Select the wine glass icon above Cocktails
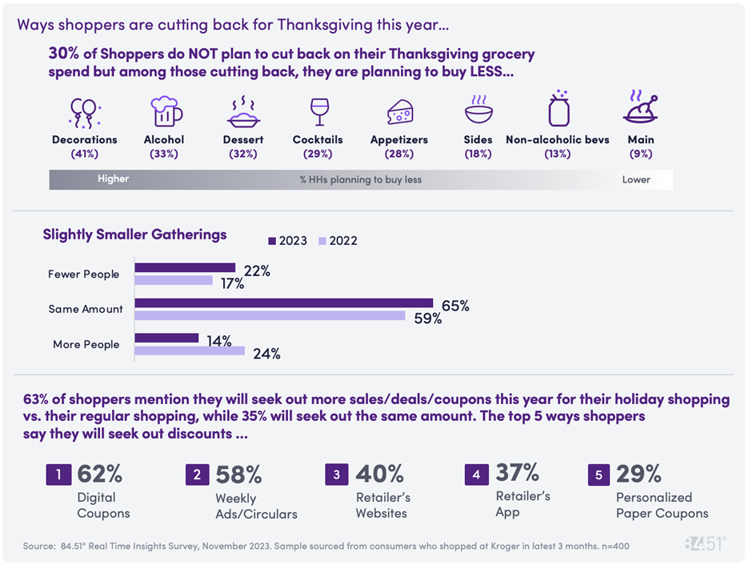[318, 111]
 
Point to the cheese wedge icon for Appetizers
[400, 112]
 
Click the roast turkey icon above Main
[641, 110]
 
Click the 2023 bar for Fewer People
[185, 267]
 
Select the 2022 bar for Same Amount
[270, 315]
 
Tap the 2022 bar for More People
[189, 351]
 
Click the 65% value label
[455, 306]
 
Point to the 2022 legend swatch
[323, 241]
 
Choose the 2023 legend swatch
[272, 241]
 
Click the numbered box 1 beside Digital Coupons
[58, 475]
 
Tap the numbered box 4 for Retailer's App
[476, 475]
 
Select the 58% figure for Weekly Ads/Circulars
[238, 475]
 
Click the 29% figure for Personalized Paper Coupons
[638, 475]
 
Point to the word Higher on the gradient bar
[113, 179]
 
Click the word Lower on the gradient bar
[636, 180]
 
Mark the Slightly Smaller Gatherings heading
[134, 234]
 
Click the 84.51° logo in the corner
[704, 544]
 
